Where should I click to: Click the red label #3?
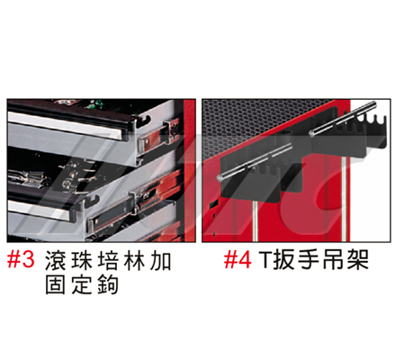coord(21,260)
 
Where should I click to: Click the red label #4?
coord(238,260)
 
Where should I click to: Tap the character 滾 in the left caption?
coord(55,261)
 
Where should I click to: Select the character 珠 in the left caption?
coord(82,261)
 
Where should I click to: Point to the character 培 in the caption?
coord(108,261)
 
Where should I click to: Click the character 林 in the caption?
coord(134,261)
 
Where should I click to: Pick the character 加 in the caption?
coord(160,261)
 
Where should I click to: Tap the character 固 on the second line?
coord(55,284)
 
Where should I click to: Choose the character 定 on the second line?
coord(82,284)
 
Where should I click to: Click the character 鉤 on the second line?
coord(108,284)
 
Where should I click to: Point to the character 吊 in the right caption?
coord(334,260)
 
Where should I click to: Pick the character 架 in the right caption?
coord(358,260)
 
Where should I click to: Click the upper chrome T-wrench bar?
coord(342,119)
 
